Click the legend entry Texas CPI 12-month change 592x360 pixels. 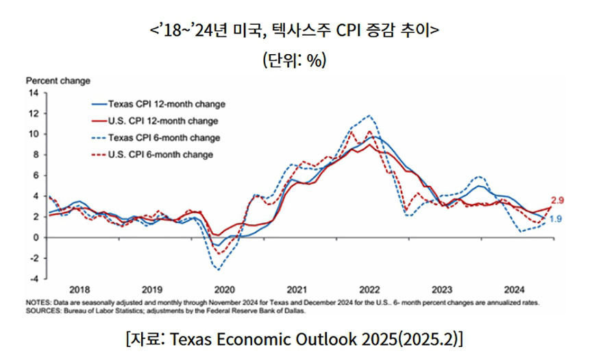(158, 104)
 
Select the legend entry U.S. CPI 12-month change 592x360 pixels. (155, 121)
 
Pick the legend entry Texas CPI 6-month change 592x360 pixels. (156, 138)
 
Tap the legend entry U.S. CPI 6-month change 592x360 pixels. (152, 154)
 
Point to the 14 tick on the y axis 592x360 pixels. (34, 93)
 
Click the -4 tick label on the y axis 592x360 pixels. (34, 279)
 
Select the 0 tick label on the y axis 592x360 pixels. (36, 238)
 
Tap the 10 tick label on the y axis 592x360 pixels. (34, 134)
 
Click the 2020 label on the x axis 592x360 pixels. (225, 290)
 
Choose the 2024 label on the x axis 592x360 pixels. (514, 290)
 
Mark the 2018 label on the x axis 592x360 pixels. (79, 290)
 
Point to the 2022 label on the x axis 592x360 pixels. (369, 290)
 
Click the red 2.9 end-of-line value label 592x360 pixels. (557, 200)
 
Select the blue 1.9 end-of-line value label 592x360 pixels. (556, 219)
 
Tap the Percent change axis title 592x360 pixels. (58, 81)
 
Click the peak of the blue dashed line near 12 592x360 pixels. (369, 115)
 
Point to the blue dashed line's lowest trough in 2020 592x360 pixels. (218, 269)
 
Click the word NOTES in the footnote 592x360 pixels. (38, 302)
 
